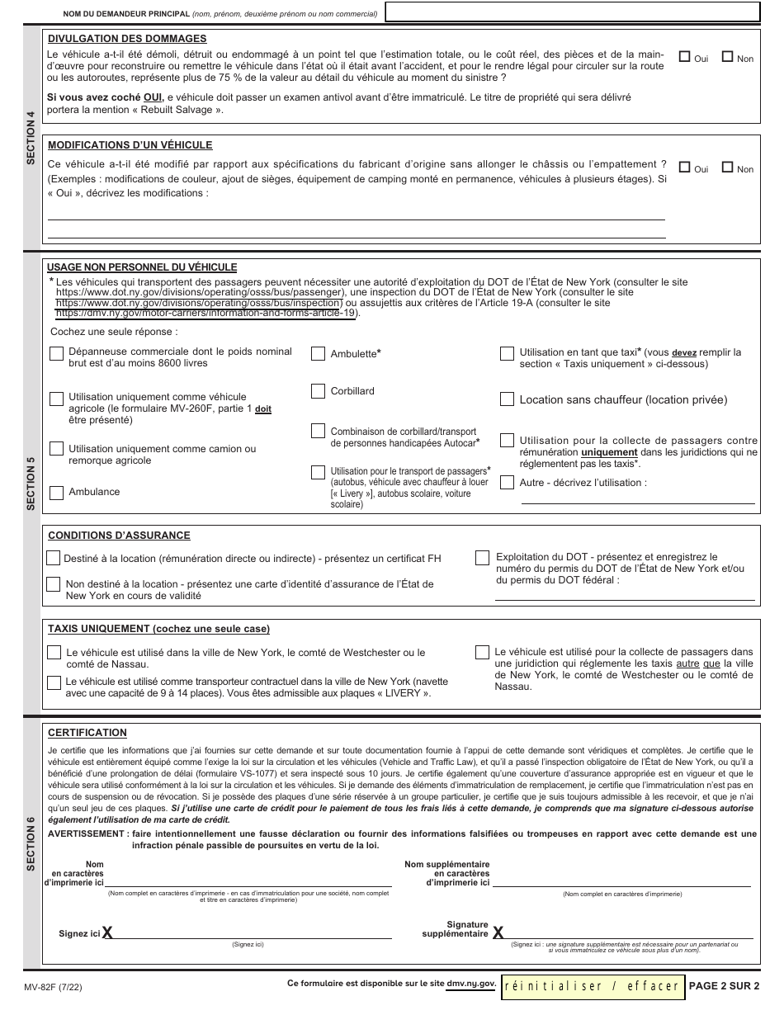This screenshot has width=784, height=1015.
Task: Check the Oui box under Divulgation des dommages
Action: [684, 58]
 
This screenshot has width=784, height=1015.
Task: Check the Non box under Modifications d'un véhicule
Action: [728, 168]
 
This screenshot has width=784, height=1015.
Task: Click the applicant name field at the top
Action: [572, 12]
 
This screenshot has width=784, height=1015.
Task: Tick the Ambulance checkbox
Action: [56, 493]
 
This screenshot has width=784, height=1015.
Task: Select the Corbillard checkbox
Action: [318, 391]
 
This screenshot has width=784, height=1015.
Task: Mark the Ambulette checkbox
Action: [318, 354]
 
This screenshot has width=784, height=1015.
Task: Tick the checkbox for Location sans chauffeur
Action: [507, 399]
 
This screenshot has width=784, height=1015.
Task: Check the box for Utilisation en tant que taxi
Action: [507, 353]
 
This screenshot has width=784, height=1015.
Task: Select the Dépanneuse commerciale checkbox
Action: [56, 353]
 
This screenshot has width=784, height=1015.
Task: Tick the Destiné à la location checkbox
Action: [54, 559]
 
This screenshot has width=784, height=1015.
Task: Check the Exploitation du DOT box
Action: [482, 559]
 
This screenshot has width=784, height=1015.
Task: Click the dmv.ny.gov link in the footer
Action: [471, 984]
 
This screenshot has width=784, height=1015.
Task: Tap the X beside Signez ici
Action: [107, 933]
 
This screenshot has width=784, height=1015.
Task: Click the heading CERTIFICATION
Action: [87, 733]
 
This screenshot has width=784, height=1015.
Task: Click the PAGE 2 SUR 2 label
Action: [724, 985]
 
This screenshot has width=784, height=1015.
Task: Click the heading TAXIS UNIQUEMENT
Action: [158, 629]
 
